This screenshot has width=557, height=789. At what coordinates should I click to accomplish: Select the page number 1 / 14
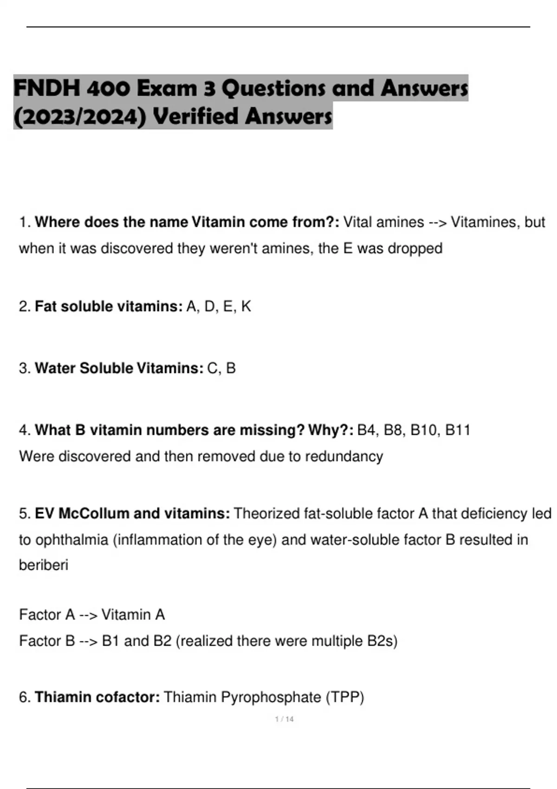pos(284,719)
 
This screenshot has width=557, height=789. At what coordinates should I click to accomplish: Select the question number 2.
pos(24,307)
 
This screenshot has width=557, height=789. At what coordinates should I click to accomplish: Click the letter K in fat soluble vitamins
pos(246,307)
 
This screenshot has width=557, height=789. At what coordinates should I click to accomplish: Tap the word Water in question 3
pos(55,369)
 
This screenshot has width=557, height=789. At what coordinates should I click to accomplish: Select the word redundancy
pos(344,457)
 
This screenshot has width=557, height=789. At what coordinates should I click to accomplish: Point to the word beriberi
pos(44,565)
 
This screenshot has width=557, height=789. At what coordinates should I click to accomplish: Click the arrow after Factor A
pos(88,615)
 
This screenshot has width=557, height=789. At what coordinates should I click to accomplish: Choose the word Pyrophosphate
pos(271,698)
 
